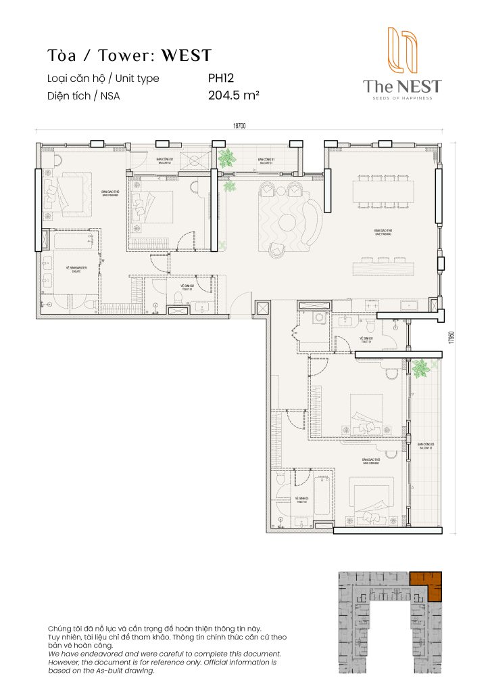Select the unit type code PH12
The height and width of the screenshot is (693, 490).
click(x=220, y=78)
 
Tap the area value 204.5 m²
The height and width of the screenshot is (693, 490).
click(x=234, y=95)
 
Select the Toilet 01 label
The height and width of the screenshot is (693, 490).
click(x=366, y=339)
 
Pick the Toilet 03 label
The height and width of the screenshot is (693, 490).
click(x=301, y=500)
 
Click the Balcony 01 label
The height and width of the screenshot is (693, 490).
click(x=265, y=161)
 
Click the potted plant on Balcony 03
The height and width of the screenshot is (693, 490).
click(x=421, y=369)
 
